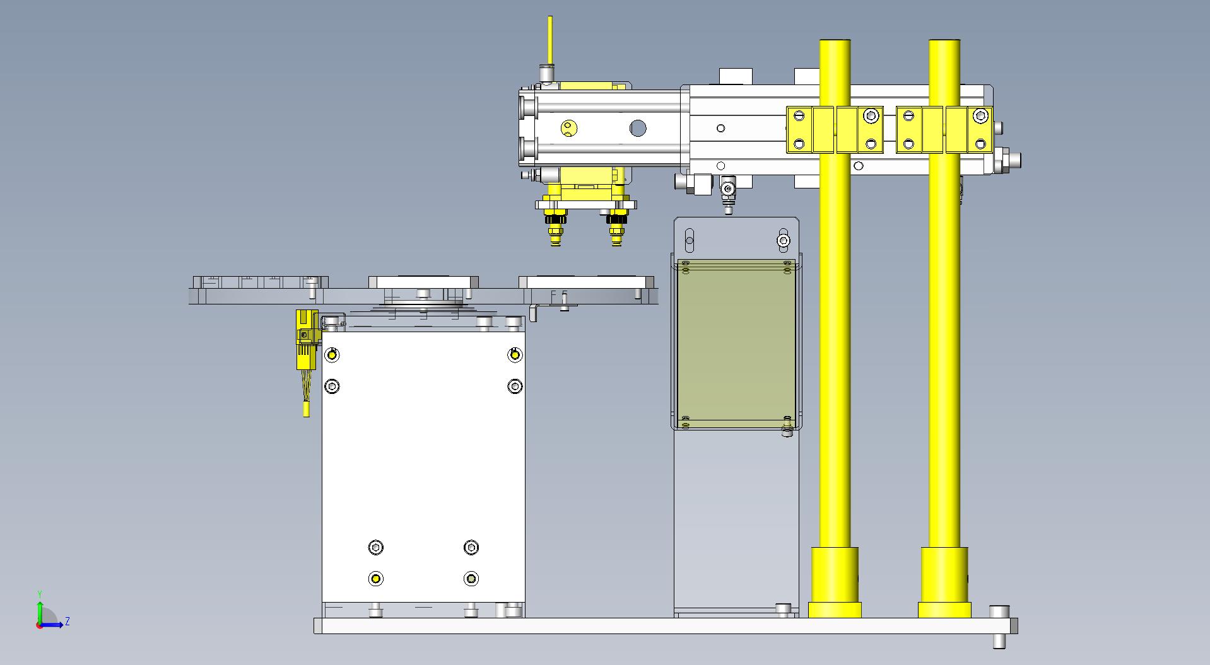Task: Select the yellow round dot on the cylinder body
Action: (x=569, y=129)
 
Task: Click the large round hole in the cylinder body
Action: (x=638, y=129)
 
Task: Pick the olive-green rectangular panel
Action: (x=736, y=344)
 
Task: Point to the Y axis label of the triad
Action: (x=40, y=594)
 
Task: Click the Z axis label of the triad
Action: (x=68, y=622)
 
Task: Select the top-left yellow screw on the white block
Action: (x=332, y=356)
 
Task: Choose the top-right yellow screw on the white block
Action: (x=515, y=356)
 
